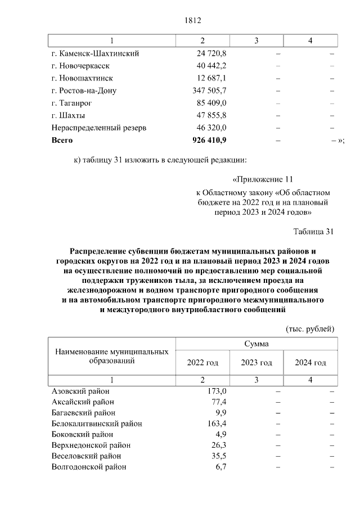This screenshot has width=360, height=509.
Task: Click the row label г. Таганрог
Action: [71, 103]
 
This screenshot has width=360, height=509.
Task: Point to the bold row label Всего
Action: [62, 139]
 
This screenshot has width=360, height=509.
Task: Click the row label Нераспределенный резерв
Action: [98, 128]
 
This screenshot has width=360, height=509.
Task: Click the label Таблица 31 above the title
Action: [314, 231]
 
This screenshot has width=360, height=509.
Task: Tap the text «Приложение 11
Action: [263, 179]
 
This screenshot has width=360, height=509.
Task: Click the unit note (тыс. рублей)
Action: [310, 328]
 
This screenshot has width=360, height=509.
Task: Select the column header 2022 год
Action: [202, 363]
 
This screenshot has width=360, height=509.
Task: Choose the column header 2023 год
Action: [256, 363]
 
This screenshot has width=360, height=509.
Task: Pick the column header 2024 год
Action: [310, 363]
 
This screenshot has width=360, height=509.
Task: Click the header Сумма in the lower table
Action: [256, 344]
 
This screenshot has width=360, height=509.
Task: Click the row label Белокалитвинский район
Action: [96, 424]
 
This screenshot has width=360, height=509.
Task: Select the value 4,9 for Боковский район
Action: [220, 434]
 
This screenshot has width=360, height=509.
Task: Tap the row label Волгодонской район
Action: [88, 467]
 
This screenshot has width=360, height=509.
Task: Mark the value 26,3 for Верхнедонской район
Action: [218, 445]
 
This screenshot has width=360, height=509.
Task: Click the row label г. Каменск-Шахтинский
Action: [95, 53]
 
